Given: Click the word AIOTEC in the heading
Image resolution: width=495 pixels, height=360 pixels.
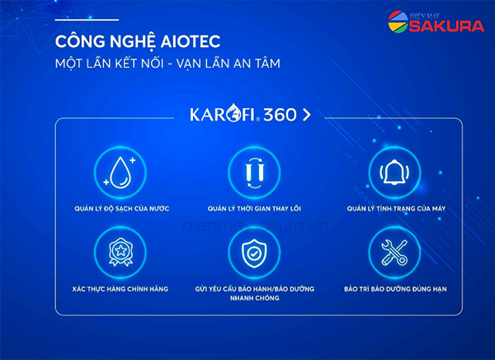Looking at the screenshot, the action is pyautogui.click(x=191, y=41).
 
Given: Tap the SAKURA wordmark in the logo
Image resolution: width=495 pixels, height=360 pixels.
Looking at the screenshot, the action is pyautogui.click(x=446, y=26).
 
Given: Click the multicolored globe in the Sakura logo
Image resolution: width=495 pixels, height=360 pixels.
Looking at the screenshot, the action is pyautogui.click(x=398, y=21).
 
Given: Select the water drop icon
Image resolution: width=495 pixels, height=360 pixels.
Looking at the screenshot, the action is pyautogui.click(x=120, y=173).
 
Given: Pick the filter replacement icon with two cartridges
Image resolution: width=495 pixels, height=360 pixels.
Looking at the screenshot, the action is pyautogui.click(x=254, y=173).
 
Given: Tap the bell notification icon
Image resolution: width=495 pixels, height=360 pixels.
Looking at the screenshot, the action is pyautogui.click(x=394, y=173).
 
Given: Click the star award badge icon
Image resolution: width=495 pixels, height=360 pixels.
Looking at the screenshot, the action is pyautogui.click(x=120, y=252).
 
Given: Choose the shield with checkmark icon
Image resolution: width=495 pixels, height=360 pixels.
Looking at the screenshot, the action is pyautogui.click(x=254, y=253).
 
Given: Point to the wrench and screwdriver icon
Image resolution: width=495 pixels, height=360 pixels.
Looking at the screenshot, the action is pyautogui.click(x=394, y=252).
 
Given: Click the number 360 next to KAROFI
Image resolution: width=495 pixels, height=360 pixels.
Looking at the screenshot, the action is pyautogui.click(x=280, y=115).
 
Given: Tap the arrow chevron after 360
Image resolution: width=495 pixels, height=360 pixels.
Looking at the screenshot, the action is pyautogui.click(x=307, y=115).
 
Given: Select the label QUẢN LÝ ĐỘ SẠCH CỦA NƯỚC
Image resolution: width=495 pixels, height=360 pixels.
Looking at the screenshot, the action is pyautogui.click(x=122, y=208).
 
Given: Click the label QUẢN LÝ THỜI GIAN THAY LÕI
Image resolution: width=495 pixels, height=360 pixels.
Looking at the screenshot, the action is pyautogui.click(x=254, y=208).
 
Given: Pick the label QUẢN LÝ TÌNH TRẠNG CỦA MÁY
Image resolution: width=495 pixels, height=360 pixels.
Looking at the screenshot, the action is pyautogui.click(x=396, y=208).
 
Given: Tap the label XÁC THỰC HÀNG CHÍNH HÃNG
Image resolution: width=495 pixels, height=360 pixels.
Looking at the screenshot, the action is pyautogui.click(x=120, y=289).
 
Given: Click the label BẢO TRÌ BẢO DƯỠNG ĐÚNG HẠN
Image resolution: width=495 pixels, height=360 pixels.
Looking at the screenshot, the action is pyautogui.click(x=395, y=289).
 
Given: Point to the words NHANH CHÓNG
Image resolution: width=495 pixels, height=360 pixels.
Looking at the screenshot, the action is pyautogui.click(x=254, y=298).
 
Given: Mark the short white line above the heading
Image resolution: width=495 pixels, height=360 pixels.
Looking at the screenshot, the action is pyautogui.click(x=87, y=20).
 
